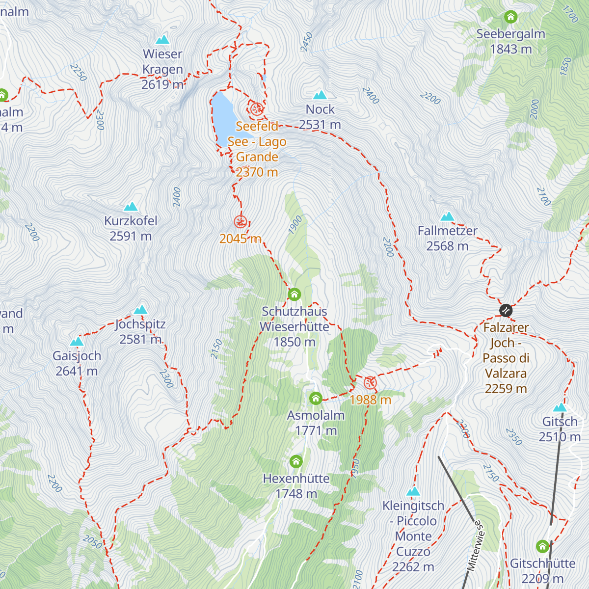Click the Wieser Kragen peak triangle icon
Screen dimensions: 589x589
162,40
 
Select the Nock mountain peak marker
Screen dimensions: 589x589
320,95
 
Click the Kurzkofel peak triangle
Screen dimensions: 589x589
131,207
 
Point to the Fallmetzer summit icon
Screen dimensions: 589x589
447,217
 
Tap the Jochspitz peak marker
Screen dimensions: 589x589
141,310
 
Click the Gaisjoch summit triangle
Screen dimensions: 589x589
77,342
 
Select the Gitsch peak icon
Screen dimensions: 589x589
560,408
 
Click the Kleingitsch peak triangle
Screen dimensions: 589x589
413,492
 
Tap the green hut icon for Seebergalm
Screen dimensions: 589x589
510,17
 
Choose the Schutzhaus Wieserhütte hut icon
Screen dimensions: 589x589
294,294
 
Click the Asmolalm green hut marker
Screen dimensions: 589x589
316,398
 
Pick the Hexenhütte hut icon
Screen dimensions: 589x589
296,461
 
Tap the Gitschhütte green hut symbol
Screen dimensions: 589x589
542,546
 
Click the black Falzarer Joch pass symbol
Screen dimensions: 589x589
506,310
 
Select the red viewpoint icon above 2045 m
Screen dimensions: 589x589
240,222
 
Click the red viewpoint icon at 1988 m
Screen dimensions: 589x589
370,383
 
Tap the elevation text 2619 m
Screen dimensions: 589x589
162,84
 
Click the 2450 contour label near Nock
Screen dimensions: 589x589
306,42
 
